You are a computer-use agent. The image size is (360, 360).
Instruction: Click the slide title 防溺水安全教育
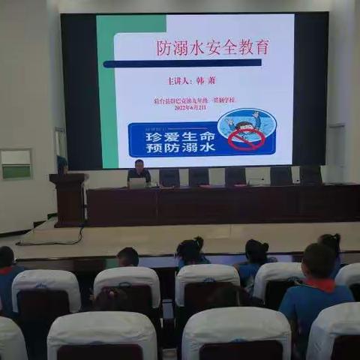click(212, 48)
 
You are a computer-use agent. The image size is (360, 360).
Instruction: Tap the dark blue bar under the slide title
click(183, 64)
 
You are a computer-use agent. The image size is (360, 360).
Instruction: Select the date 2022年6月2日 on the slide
click(191, 107)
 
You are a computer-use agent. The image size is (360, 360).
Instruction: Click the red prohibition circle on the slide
click(247, 138)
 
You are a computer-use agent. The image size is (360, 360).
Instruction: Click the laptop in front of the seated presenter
click(138, 182)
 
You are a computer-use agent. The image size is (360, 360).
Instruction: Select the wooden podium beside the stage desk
click(69, 199)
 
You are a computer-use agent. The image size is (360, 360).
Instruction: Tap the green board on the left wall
click(16, 164)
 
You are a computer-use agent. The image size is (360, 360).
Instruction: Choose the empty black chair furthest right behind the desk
click(310, 175)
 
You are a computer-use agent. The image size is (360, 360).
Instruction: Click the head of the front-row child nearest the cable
click(128, 257)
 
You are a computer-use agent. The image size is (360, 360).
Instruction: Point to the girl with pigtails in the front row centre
click(191, 251)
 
